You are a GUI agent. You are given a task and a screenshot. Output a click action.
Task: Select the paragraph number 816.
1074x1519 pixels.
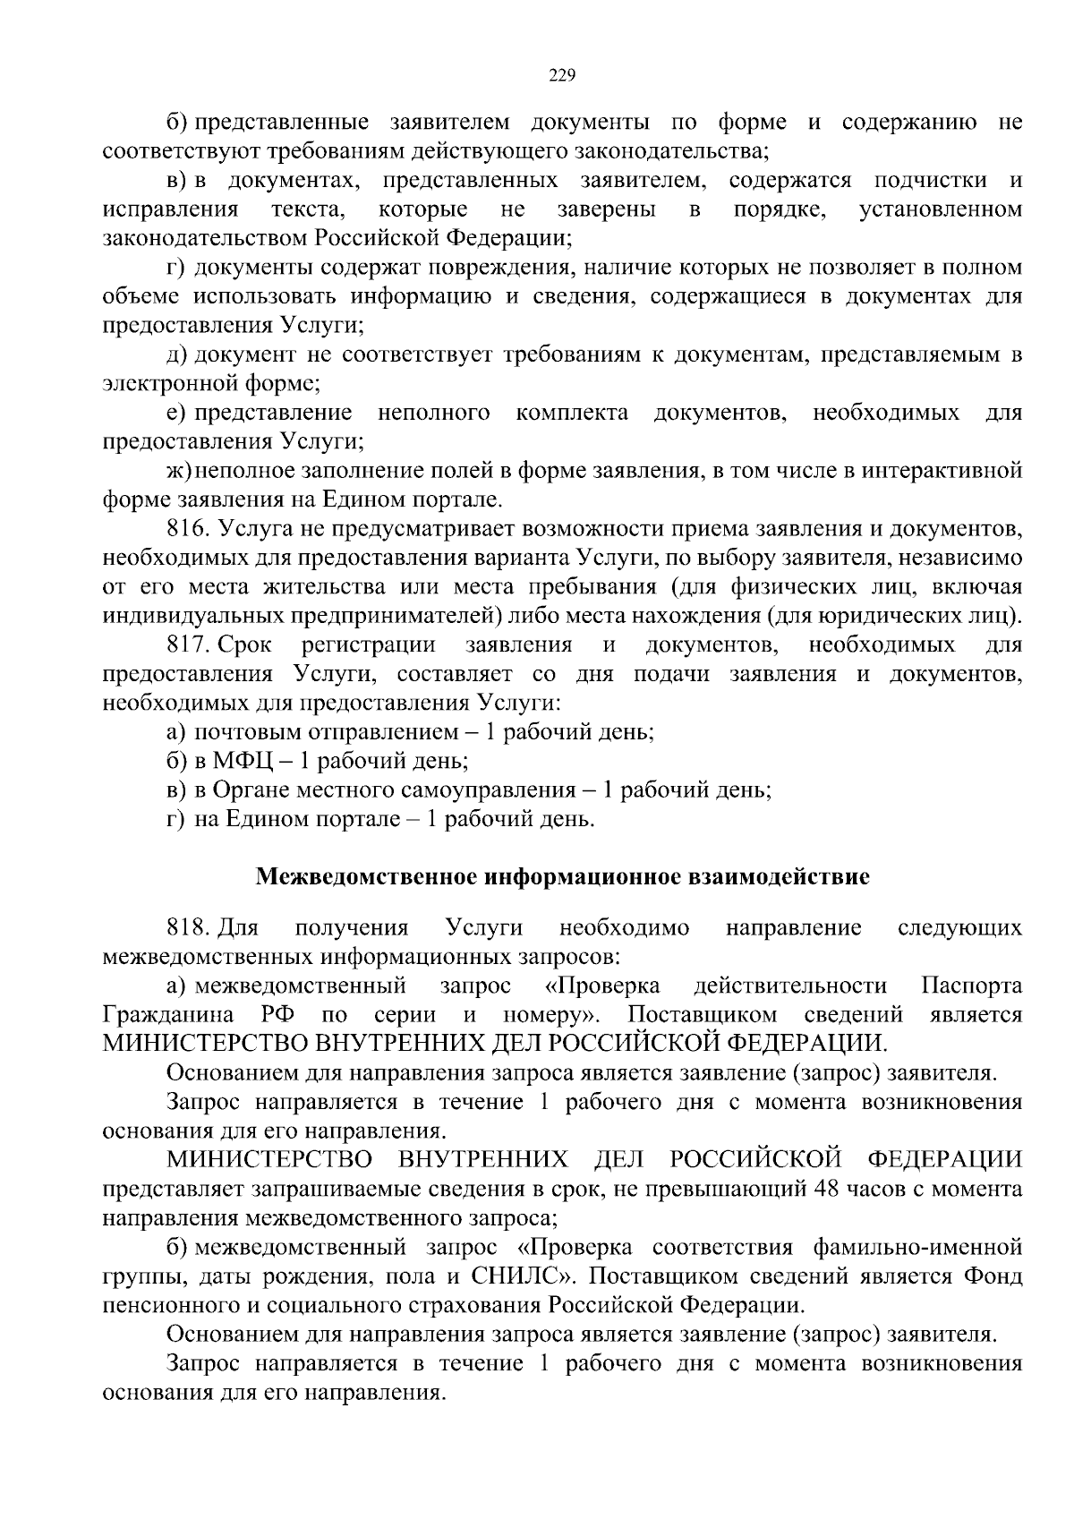pyautogui.click(x=187, y=529)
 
